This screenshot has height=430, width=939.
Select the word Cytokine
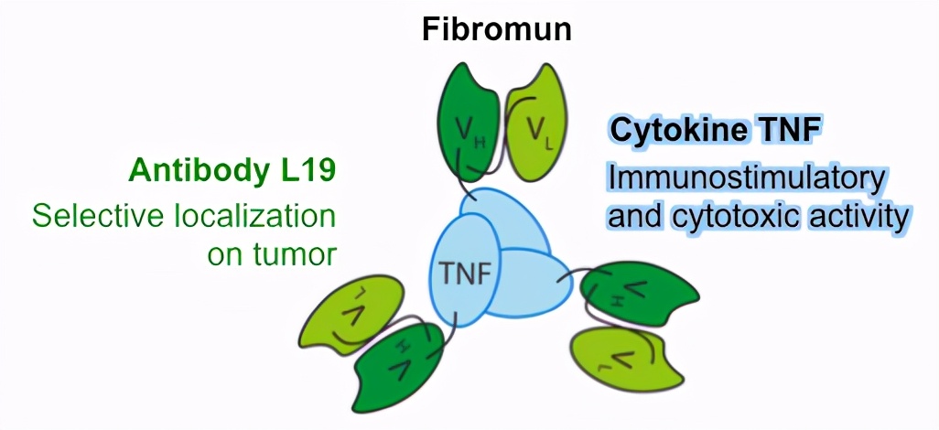(x=674, y=130)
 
